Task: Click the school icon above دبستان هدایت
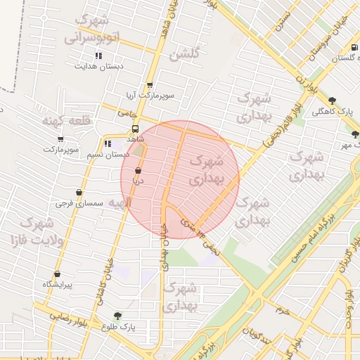[x=99, y=55]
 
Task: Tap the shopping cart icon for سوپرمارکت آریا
[x=150, y=84]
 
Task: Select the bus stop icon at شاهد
[x=135, y=129]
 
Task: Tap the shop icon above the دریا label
[x=137, y=170]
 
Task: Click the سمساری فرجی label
[x=80, y=203]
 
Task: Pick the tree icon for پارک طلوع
[x=117, y=316]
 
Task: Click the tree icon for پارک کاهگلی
[x=333, y=100]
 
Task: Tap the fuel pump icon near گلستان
[x=354, y=48]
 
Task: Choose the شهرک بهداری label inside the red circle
[x=213, y=169]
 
